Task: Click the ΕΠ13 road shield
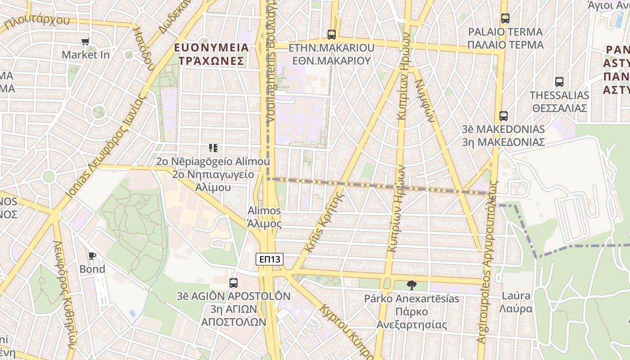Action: click(270, 259)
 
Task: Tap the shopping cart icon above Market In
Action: click(85, 42)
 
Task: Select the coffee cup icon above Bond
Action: click(92, 256)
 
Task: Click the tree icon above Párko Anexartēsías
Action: click(411, 285)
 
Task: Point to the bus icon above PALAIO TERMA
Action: click(505, 19)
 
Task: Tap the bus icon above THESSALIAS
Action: click(559, 82)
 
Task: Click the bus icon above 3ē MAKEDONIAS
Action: click(504, 116)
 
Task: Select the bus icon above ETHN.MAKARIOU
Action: click(332, 34)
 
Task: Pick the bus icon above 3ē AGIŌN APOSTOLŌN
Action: click(233, 283)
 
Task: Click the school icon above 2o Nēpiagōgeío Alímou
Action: click(213, 148)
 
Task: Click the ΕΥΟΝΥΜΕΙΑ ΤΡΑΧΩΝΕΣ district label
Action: click(211, 54)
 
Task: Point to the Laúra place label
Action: click(516, 302)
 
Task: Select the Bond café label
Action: click(92, 269)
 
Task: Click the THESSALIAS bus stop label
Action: click(559, 102)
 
